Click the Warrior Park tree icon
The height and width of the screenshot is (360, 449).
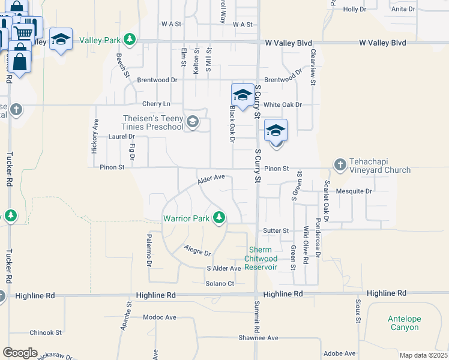pos(220,217)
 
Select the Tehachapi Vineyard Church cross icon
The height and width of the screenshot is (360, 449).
pos(340,164)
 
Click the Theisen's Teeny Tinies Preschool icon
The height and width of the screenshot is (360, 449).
pos(192,122)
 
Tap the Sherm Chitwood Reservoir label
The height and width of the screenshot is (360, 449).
pos(261,259)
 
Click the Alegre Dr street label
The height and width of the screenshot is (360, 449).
pos(197,250)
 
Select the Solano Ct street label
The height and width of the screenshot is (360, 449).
pos(219,283)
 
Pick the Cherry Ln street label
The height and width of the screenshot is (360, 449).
pos(156,104)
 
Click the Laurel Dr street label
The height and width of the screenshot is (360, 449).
pos(122,136)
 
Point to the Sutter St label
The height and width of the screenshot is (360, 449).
pos(276,230)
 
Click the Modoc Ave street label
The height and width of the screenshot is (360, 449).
pos(160,317)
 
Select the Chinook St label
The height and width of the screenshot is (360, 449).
pos(46,332)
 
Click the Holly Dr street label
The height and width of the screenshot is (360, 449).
pos(354,9)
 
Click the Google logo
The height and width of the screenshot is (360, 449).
pos(20,353)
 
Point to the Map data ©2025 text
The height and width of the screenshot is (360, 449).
pos(424,355)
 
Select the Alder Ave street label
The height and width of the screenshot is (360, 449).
pos(211,178)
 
